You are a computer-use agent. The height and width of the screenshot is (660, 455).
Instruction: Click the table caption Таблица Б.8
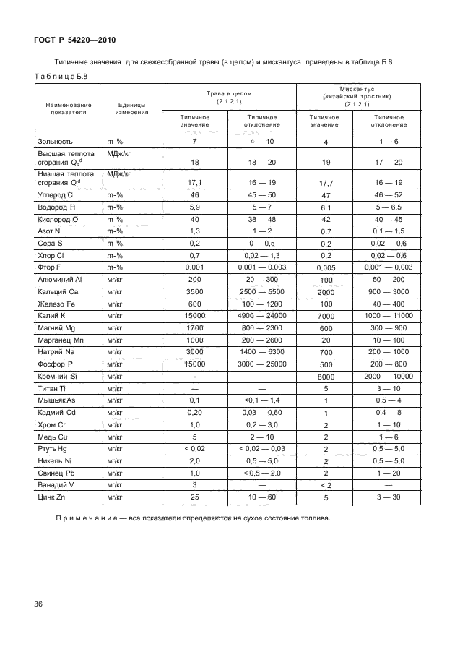60,75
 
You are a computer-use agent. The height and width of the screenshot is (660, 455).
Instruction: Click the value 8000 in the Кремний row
326,377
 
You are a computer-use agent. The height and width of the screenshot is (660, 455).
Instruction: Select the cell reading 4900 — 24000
261,317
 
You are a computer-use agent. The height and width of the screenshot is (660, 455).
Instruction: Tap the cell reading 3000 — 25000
261,364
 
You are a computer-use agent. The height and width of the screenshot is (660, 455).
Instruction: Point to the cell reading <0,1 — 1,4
261,400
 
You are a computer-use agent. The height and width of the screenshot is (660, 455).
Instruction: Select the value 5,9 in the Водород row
195,207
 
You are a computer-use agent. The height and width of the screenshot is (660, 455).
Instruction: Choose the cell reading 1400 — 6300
261,351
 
